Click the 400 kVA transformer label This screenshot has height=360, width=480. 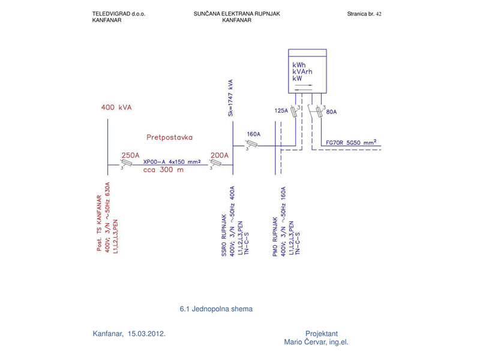[x=116, y=108]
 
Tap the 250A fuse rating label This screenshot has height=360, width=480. [x=130, y=155]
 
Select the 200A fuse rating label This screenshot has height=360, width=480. [x=219, y=155]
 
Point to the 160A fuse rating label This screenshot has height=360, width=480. [x=254, y=134]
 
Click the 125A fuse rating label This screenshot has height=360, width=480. [x=281, y=111]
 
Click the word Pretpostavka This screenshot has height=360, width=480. [x=169, y=137]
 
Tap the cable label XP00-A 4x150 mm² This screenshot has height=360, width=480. [x=172, y=162]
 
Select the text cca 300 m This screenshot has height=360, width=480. [x=163, y=170]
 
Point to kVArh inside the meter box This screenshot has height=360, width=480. [x=302, y=71]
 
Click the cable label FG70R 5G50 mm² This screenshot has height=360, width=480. [x=351, y=142]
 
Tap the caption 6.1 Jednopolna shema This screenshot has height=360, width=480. [x=216, y=309]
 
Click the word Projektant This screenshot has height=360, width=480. [x=322, y=334]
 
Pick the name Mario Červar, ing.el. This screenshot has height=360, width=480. [x=316, y=342]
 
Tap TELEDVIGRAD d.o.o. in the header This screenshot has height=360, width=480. [x=119, y=13]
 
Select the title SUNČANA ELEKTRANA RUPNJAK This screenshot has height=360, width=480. [x=236, y=13]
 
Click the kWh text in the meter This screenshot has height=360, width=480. [x=299, y=64]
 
